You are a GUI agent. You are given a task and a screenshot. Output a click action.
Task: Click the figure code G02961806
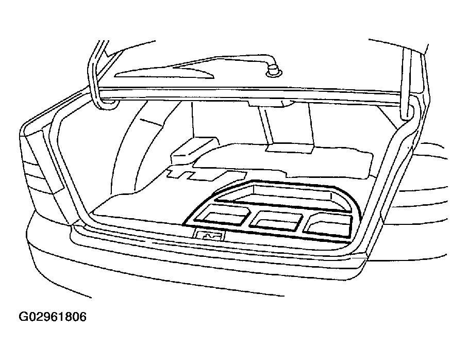coord(53,317)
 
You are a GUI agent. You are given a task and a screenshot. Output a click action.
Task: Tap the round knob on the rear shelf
coord(273,72)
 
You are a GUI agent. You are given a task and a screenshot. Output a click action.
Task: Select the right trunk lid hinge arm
coord(408,84)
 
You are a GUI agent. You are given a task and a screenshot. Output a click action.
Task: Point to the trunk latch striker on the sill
coord(209,235)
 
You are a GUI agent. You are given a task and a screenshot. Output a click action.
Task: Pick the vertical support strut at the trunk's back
coord(268,125)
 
